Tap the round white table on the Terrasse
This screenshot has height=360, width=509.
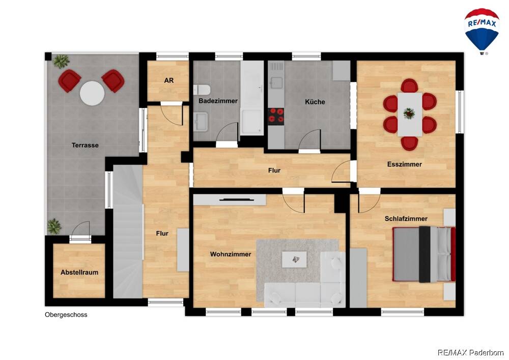pyautogui.click(x=92, y=93)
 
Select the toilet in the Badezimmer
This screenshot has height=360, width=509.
pyautogui.click(x=202, y=90)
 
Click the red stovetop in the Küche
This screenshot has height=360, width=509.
pyautogui.click(x=276, y=116)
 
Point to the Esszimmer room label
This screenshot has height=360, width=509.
pyautogui.click(x=405, y=164)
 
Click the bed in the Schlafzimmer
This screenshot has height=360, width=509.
pyautogui.click(x=424, y=254)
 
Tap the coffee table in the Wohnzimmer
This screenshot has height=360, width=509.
pyautogui.click(x=294, y=259)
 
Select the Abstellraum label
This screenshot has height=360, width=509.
pyautogui.click(x=79, y=272)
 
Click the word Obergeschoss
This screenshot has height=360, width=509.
pyautogui.click(x=66, y=315)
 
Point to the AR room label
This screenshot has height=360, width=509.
pyautogui.click(x=169, y=80)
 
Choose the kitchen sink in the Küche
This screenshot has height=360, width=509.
pyautogui.click(x=276, y=82)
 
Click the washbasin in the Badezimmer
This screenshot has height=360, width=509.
pyautogui.click(x=201, y=121)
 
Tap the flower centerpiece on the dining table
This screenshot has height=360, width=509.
pyautogui.click(x=409, y=113)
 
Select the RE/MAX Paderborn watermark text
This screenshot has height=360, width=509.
pyautogui.click(x=471, y=352)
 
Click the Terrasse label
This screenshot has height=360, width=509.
pyautogui.click(x=85, y=145)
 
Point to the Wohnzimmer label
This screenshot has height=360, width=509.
pyautogui.click(x=231, y=254)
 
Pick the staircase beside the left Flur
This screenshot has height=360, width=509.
pyautogui.click(x=128, y=232)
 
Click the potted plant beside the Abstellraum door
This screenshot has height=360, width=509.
pyautogui.click(x=54, y=226)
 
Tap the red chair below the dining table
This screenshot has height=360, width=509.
pyautogui.click(x=409, y=143)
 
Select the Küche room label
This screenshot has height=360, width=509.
pyautogui.click(x=315, y=102)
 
